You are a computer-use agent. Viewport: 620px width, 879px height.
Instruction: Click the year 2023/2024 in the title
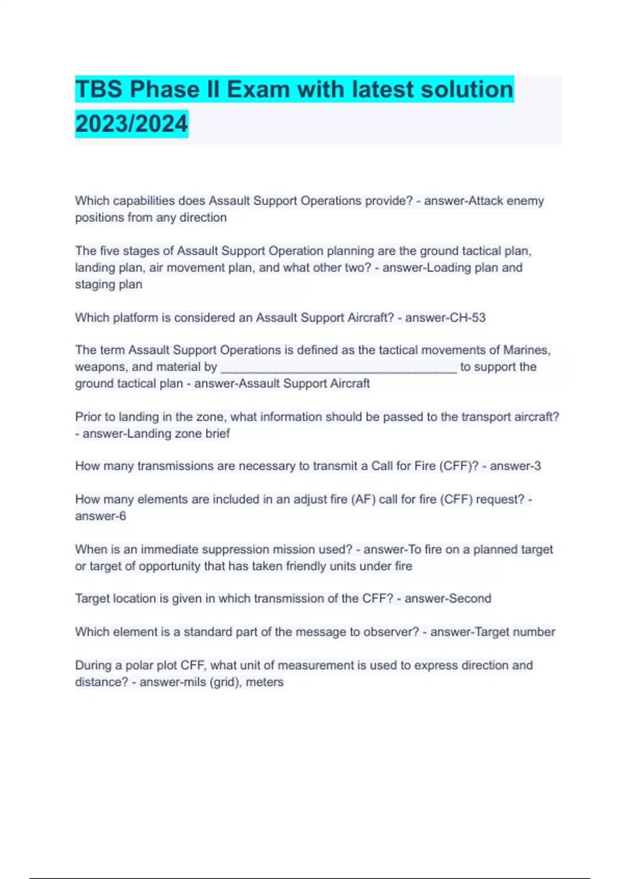coord(131,124)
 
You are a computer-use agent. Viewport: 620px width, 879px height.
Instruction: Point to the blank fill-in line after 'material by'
coord(338,368)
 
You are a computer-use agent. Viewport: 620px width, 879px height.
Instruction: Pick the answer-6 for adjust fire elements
coord(101,516)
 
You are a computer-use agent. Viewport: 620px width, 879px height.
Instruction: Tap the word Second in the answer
coord(470,598)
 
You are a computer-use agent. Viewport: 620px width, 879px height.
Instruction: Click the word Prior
coord(88,417)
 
